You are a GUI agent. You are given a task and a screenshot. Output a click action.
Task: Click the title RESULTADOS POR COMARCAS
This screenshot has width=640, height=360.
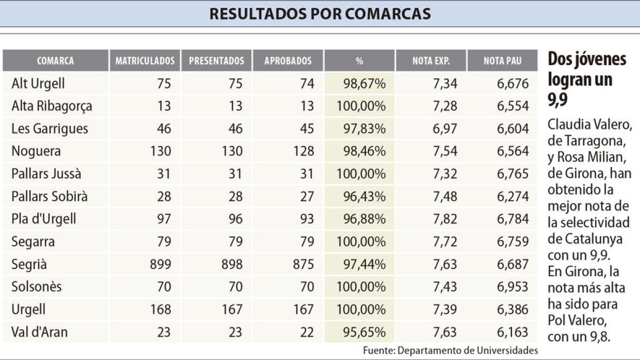point(320,14)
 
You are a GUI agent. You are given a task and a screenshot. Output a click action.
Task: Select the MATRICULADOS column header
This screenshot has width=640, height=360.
point(145,61)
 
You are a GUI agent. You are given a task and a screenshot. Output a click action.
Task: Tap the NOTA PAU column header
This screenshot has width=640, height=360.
point(502,61)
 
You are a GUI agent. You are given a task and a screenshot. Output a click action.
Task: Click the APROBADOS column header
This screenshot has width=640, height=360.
point(288,61)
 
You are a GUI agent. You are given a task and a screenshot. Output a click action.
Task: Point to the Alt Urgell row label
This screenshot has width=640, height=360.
point(38,84)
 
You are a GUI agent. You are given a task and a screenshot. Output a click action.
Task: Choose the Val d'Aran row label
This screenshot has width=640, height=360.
point(40,332)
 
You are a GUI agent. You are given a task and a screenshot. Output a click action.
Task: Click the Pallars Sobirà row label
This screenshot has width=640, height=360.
point(50,196)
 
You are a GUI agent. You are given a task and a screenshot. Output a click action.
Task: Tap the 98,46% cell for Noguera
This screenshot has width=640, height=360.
point(361,151)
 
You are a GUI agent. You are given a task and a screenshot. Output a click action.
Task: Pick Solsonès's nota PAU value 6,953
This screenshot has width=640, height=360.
point(513,287)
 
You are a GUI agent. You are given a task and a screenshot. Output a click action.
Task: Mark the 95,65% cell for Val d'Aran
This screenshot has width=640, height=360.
point(361,332)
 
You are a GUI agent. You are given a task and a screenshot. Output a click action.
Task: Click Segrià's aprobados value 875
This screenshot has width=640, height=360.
point(301,264)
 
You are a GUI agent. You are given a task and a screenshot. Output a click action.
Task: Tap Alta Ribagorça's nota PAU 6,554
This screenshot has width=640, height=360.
point(513,106)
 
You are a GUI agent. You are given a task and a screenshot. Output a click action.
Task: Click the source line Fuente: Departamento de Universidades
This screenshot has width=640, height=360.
point(450,350)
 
